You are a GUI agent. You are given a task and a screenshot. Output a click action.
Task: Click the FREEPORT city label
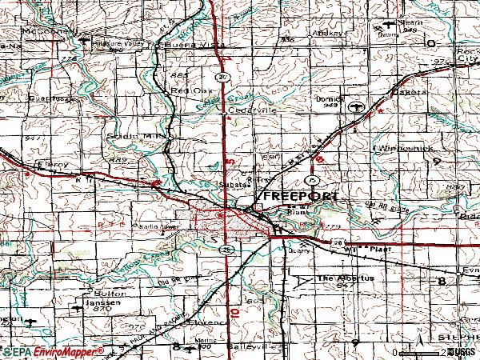(x=302, y=196)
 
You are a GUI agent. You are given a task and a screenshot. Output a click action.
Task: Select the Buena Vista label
(x=192, y=46)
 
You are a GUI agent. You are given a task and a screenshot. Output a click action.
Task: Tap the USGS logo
(x=462, y=352)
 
